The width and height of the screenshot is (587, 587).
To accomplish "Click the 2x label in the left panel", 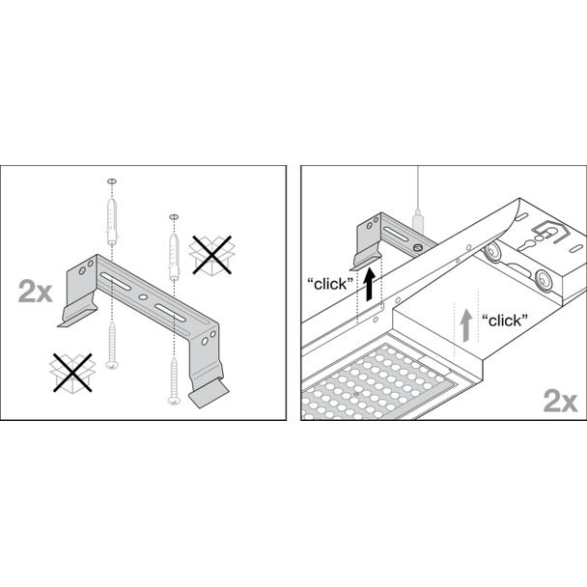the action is pos(35,292).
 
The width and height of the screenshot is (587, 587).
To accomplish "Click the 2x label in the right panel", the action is pos(560,401).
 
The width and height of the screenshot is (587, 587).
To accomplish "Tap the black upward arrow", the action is pos(370,284).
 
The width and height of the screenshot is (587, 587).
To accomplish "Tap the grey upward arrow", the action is pos(465,325).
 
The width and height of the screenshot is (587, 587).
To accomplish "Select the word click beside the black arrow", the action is pos(330,285).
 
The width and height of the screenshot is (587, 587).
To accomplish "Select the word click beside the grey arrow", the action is pos(505,321).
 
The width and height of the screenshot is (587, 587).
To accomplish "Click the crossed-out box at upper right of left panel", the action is pos(211,255).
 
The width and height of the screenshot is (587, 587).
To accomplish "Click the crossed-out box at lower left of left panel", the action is pos(72,373).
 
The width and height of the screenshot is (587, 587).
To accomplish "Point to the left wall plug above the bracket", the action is pos(112,221).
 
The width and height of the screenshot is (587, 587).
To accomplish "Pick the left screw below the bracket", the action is pos(112,345).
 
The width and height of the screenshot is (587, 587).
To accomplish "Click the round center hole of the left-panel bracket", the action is pos(143,296).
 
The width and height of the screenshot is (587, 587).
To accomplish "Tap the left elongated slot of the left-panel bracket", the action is pos(115,281).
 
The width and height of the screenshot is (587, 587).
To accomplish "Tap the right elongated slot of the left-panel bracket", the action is pos(170,313).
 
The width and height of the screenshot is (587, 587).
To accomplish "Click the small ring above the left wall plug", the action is pos(112,182).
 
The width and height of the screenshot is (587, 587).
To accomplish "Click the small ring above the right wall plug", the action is pos(174,217).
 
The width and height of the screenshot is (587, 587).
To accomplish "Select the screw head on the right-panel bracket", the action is pos(418,247).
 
